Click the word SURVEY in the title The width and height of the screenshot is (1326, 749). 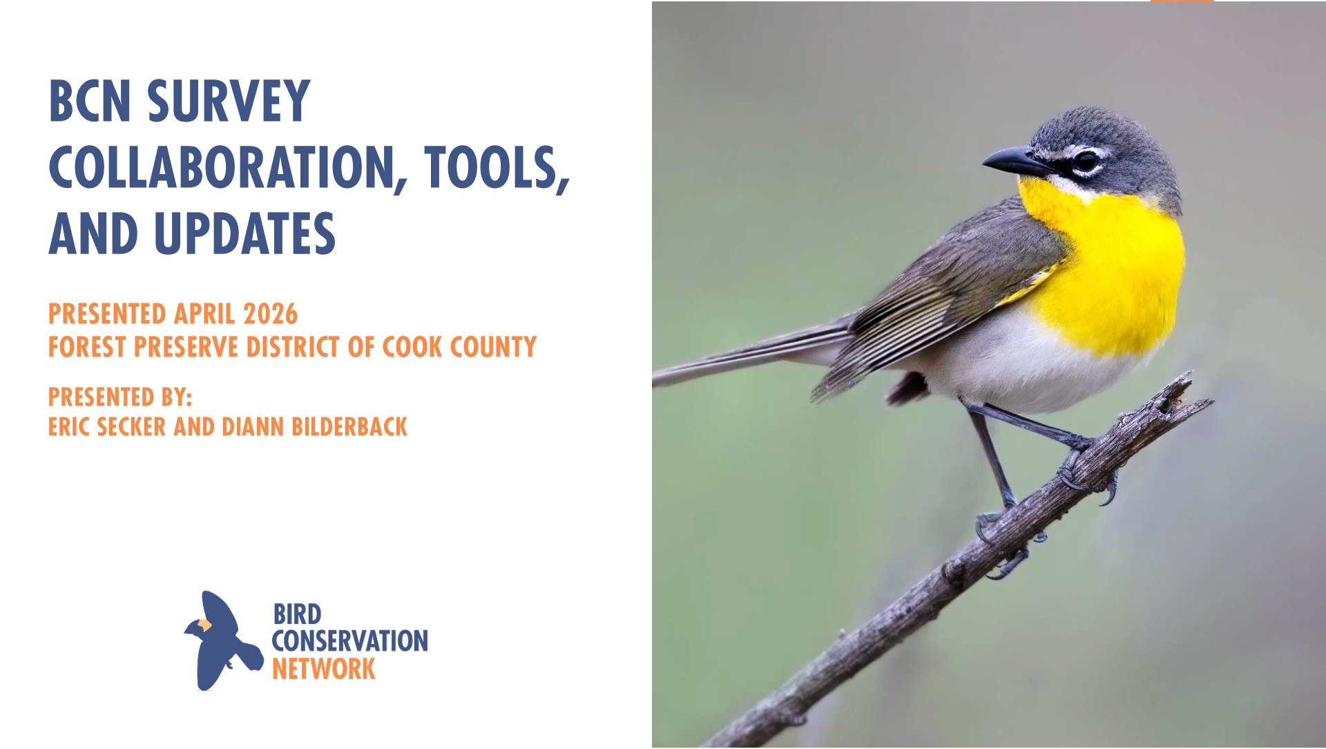pos(229,101)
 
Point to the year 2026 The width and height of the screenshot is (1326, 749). pos(271,314)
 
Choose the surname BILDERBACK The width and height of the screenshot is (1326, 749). pos(349,427)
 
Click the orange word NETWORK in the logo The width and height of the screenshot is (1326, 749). pos(323,669)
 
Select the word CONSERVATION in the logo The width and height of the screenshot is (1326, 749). pos(349,641)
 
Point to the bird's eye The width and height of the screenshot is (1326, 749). pos(1086,161)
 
